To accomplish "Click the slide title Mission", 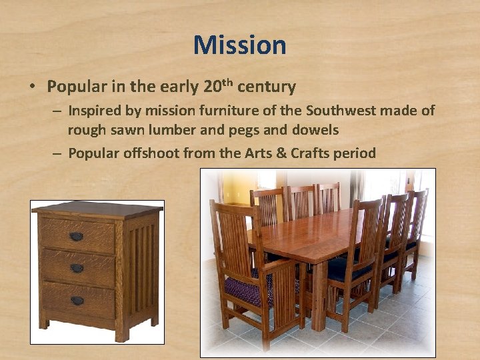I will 240,45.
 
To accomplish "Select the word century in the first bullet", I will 266,87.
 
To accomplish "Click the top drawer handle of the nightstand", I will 77,237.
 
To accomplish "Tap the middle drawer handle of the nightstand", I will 77,268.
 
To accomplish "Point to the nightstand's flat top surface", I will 97,208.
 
